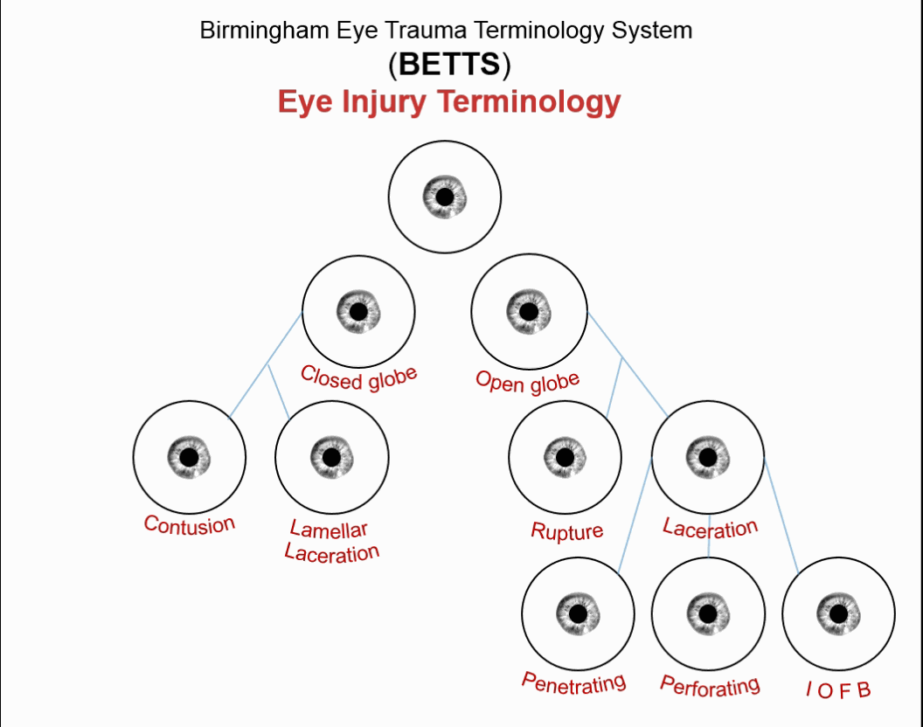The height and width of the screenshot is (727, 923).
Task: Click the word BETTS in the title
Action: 449,65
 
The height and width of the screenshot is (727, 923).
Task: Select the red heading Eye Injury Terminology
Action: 448,102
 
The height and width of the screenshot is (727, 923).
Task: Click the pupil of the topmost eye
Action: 445,197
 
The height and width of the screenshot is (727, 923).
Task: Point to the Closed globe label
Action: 358,377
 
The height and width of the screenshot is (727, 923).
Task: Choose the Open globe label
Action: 527,381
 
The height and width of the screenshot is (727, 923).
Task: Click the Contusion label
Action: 190,524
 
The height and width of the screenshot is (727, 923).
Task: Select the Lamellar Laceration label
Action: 331,541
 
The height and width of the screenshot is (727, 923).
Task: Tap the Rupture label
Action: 566,531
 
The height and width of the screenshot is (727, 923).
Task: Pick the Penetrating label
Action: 573,682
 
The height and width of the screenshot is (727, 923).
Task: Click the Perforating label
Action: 710,686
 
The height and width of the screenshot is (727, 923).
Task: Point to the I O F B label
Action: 838,690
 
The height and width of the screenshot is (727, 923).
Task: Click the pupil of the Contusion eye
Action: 189,457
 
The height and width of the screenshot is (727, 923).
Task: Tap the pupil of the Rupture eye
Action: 565,457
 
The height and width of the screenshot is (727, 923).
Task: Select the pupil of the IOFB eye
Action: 838,613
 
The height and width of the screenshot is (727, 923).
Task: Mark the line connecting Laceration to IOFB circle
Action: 781,515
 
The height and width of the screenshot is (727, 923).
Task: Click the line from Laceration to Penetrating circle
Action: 635,515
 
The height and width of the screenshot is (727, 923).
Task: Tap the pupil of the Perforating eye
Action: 707,613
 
